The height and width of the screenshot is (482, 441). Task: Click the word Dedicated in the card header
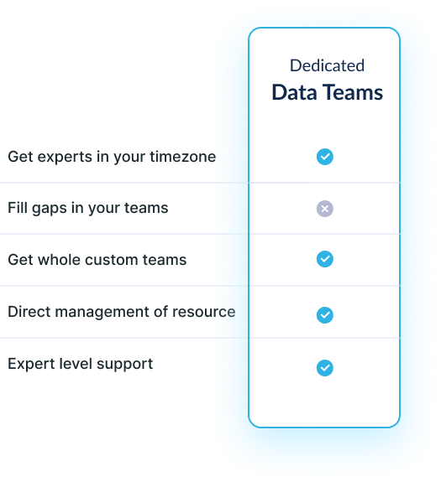(x=327, y=65)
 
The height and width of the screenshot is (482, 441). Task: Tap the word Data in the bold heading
(x=294, y=92)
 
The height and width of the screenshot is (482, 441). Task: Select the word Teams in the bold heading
(x=354, y=92)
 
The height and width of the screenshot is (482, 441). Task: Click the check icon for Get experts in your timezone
(x=325, y=157)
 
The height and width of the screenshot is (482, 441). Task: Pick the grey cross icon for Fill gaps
(x=325, y=209)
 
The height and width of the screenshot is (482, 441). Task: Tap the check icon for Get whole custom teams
(x=325, y=259)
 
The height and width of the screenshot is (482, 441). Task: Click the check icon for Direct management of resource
(x=325, y=315)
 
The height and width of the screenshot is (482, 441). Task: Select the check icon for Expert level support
(x=325, y=368)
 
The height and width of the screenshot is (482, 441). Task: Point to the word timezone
(x=183, y=157)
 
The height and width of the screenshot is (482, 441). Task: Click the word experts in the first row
(x=65, y=158)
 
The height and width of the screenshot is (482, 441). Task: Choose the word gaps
(x=50, y=209)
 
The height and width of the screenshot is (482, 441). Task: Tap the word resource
(x=204, y=313)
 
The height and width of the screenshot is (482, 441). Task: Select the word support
(x=124, y=365)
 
